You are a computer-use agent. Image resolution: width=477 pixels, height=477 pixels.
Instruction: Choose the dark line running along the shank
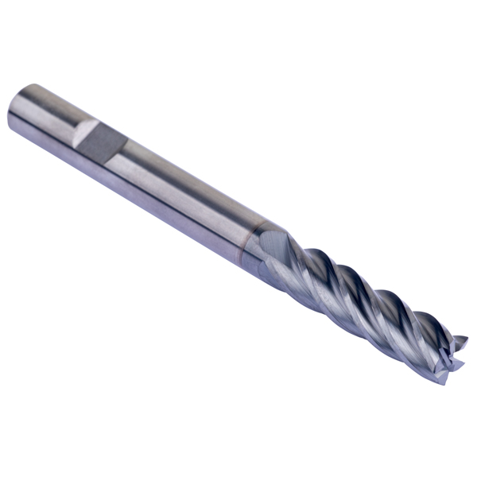tap(159, 191)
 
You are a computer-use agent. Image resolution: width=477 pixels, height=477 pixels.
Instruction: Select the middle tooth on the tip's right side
tap(460, 358)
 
